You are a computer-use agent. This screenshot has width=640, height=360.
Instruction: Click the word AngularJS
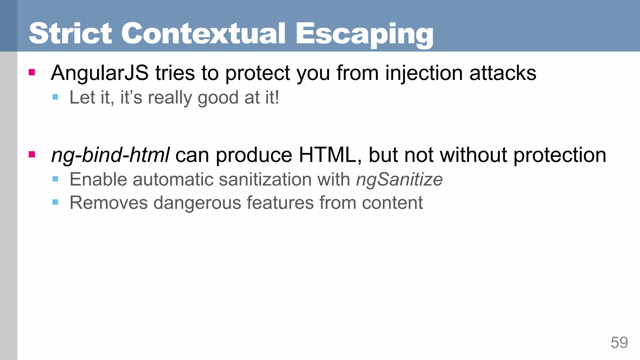coord(100,73)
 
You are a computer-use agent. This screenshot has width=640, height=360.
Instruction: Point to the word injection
coord(424,73)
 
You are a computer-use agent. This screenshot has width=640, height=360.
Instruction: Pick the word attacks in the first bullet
coord(503,73)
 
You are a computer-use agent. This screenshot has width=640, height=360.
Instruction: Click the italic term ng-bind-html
coord(110,155)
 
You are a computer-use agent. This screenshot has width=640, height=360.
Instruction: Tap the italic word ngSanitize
coord(399,180)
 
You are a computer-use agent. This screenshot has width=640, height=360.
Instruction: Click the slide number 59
coord(619,343)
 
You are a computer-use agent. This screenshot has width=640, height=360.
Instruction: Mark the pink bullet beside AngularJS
coord(32,72)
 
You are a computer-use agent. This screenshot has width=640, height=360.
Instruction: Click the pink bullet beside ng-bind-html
coord(32,154)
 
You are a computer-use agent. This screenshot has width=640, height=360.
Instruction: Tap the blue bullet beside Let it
coord(55,97)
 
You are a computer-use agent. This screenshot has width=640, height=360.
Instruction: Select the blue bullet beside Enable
coord(55,179)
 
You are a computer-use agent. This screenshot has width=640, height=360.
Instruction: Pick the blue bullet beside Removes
coord(55,202)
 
